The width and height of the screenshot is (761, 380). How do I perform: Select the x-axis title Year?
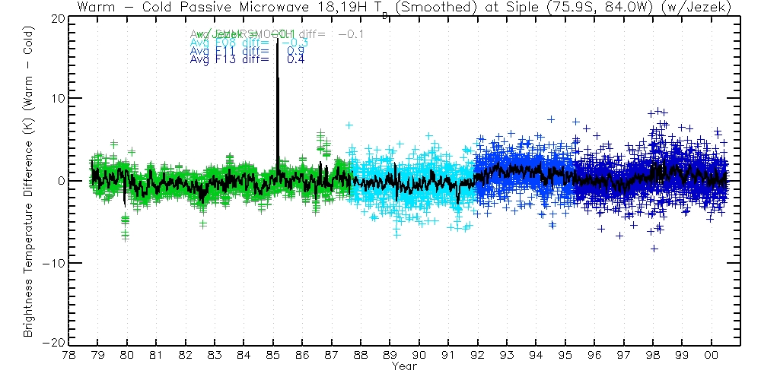pyautogui.click(x=403, y=366)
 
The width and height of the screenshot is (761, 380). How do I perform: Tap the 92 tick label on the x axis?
pyautogui.click(x=477, y=355)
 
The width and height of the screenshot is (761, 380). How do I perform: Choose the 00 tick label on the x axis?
pyautogui.click(x=711, y=355)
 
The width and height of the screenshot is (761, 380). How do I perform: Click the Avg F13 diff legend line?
pyautogui.click(x=247, y=59)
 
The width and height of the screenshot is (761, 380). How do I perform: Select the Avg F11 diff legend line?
pyautogui.click(x=247, y=51)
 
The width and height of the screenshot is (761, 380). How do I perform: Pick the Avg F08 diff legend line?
pyautogui.click(x=247, y=43)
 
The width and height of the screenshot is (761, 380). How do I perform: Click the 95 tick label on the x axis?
pyautogui.click(x=565, y=355)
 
